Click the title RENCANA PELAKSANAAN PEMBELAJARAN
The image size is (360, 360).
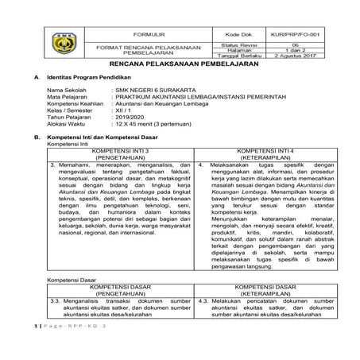click(180, 68)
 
